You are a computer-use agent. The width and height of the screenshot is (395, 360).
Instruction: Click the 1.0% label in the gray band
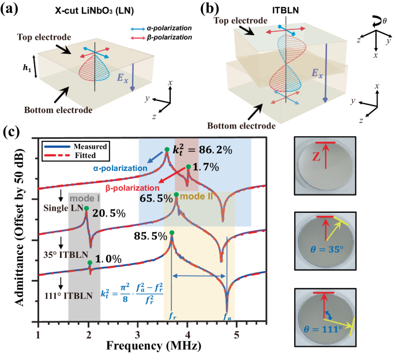click(x=108, y=261)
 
